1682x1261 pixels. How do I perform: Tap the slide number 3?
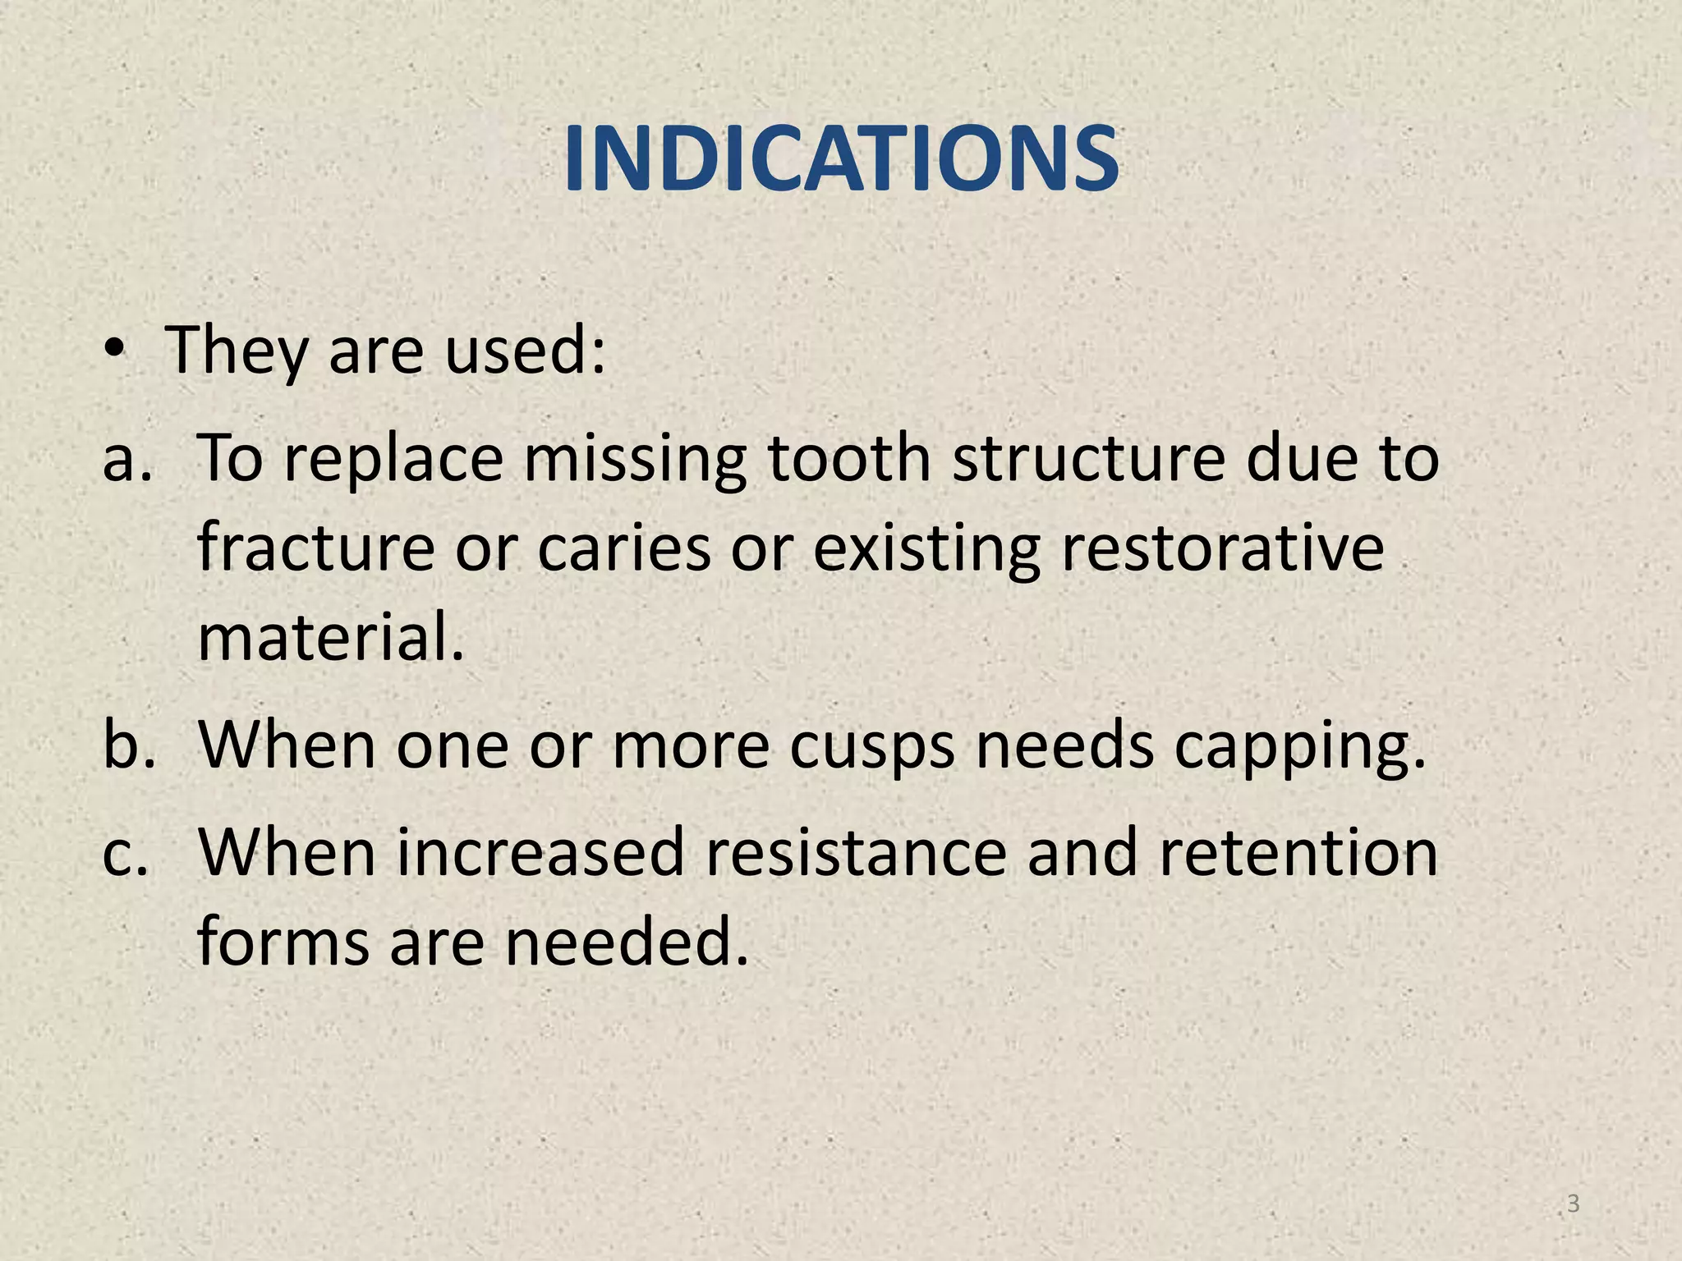point(1573,1204)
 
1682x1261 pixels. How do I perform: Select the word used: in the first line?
point(526,351)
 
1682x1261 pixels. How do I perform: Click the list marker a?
point(127,460)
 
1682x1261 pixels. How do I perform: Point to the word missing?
point(635,460)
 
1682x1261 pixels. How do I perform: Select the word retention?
point(1298,852)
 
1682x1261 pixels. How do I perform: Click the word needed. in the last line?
point(627,942)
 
